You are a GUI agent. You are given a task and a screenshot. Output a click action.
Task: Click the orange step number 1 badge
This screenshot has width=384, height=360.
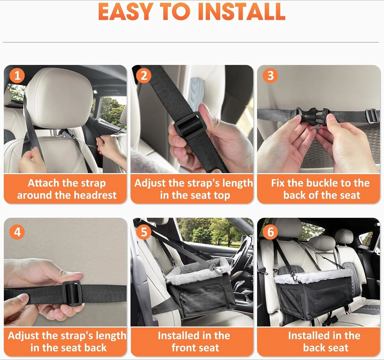[17, 75]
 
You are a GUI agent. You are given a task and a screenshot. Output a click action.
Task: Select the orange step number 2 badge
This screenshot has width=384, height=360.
[144, 75]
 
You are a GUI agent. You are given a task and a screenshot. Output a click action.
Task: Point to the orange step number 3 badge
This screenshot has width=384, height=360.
[271, 75]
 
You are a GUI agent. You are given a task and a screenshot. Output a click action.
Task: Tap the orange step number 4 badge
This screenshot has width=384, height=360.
[17, 232]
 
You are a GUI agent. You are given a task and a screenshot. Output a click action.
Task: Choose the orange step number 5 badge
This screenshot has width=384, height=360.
[144, 232]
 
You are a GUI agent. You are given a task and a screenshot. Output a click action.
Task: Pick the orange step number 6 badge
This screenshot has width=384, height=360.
[271, 232]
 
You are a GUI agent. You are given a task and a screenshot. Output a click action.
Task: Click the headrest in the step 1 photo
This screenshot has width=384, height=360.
[59, 97]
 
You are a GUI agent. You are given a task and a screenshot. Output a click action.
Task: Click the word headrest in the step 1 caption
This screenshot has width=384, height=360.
[95, 195]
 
